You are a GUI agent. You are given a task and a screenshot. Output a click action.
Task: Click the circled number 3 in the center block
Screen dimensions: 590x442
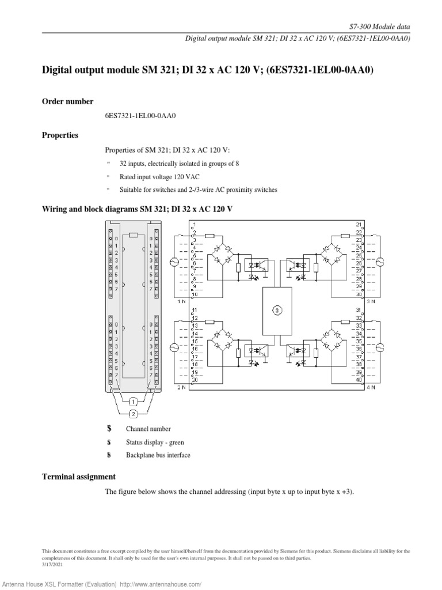[x=277, y=310]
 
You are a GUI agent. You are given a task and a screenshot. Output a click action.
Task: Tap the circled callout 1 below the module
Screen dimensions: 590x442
[x=132, y=401]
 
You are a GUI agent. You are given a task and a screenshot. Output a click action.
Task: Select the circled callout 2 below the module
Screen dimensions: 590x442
[x=133, y=414]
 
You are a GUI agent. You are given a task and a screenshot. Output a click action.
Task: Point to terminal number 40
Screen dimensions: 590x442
[x=359, y=380]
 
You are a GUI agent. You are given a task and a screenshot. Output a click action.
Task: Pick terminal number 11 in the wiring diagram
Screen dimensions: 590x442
[x=195, y=310]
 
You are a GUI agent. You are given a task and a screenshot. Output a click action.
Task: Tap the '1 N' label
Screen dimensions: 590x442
[x=181, y=301]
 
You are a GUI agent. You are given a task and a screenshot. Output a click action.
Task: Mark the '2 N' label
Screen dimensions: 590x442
[x=181, y=388]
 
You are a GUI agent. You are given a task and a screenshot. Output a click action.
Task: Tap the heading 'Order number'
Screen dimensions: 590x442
[x=67, y=101]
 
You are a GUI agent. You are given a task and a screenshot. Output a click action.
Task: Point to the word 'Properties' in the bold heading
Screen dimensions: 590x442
[x=60, y=135]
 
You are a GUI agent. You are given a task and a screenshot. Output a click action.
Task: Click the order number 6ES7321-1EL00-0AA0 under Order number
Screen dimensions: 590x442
[x=140, y=116]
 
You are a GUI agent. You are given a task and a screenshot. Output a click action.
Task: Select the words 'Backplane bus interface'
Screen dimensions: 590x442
[x=158, y=455]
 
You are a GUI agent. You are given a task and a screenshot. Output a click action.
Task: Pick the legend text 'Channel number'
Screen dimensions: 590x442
[x=148, y=429]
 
